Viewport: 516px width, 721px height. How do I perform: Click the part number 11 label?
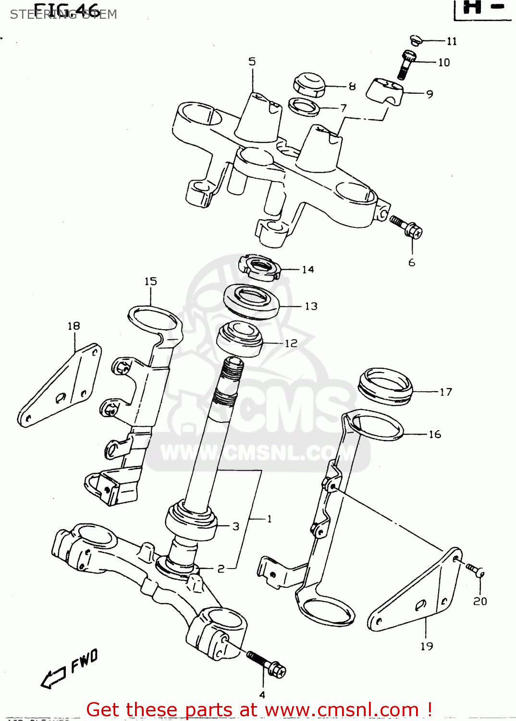tap(452, 41)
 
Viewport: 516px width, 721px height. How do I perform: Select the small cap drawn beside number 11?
tap(416, 40)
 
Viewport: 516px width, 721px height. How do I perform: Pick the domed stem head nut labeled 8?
tap(309, 85)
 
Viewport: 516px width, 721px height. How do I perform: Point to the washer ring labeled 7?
tap(304, 106)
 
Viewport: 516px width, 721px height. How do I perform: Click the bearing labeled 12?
tap(240, 338)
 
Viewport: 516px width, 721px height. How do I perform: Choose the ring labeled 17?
tap(385, 386)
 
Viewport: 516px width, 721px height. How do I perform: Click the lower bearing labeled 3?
tap(190, 522)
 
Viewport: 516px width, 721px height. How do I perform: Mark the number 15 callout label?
tap(150, 281)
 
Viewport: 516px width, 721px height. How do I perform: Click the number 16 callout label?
tap(435, 434)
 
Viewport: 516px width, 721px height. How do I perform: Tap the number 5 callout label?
tap(252, 62)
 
